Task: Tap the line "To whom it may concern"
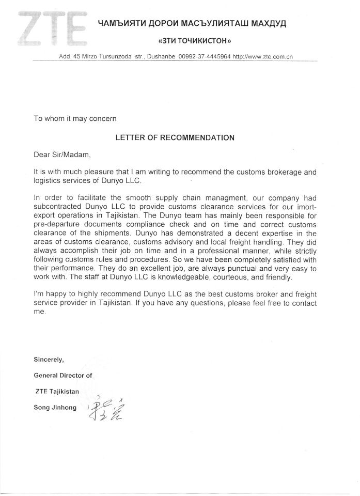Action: click(x=75, y=118)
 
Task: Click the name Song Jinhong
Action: click(x=55, y=408)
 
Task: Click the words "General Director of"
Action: click(x=63, y=376)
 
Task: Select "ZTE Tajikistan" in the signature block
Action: click(x=57, y=392)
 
